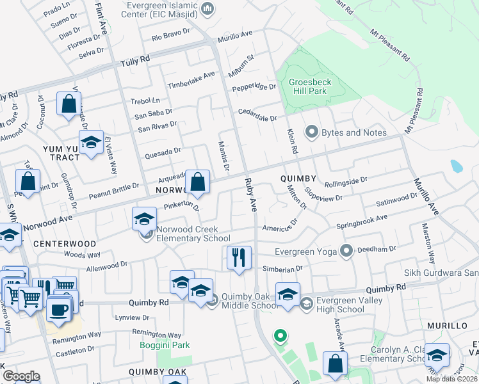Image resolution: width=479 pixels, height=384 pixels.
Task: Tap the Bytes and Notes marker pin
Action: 312,132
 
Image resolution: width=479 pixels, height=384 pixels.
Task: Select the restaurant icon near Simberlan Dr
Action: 238,257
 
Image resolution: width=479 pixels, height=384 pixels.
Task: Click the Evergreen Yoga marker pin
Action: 347,251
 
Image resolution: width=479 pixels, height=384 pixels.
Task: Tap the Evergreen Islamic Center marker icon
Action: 207,8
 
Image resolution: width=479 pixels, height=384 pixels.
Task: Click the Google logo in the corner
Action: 22,376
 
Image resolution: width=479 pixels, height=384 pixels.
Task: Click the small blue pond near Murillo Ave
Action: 456,166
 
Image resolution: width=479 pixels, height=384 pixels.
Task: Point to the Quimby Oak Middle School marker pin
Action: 213,298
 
